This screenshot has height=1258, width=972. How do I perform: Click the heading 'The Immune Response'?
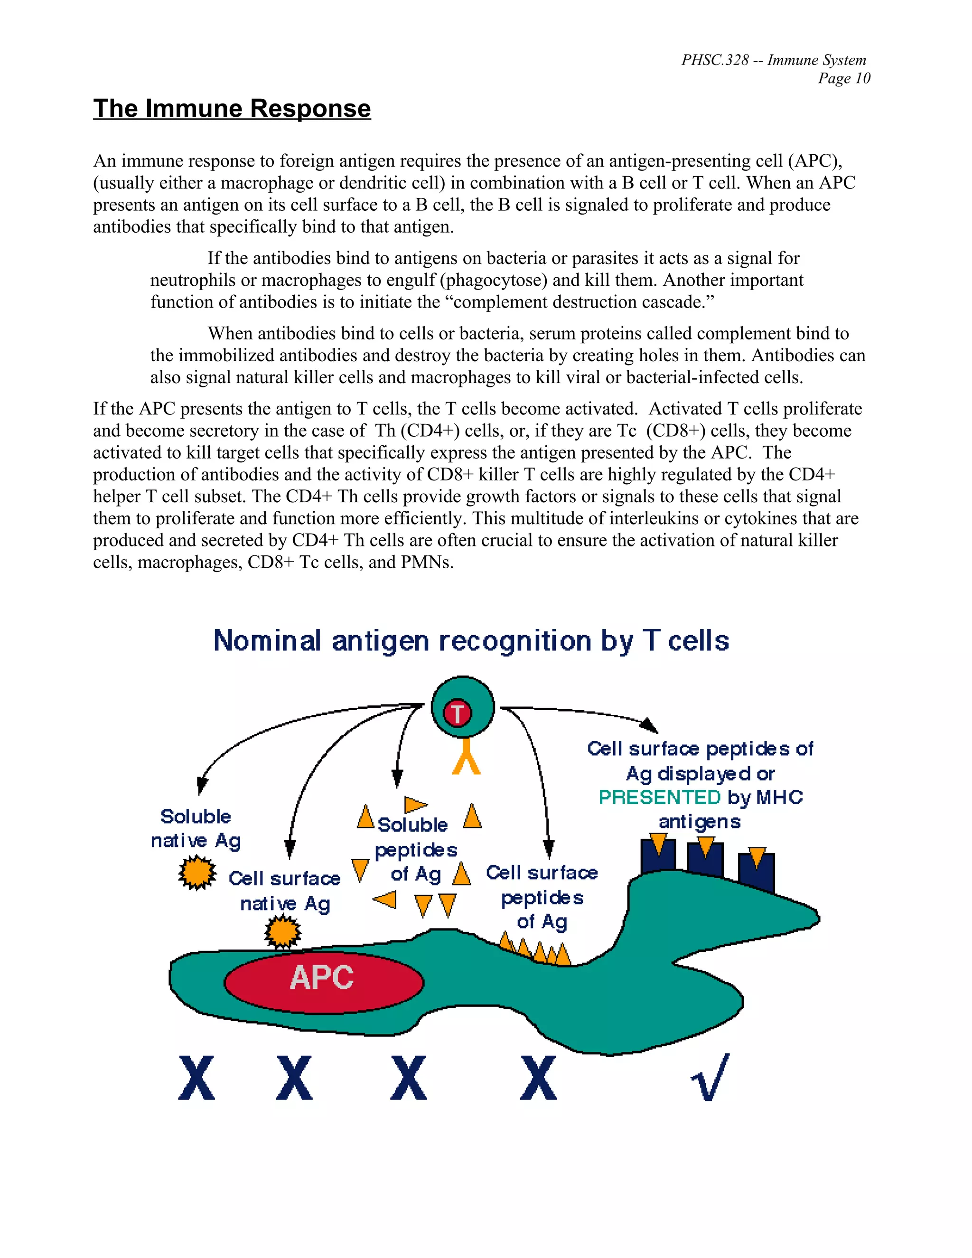[232, 109]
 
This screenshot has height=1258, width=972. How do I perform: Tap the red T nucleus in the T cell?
[457, 713]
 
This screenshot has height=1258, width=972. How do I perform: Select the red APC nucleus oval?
[324, 982]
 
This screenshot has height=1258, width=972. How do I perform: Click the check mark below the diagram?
[710, 1077]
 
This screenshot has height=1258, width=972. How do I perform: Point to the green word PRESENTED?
[659, 797]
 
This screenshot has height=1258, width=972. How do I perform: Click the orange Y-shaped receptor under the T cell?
[466, 757]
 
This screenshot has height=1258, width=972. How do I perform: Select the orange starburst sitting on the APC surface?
[282, 931]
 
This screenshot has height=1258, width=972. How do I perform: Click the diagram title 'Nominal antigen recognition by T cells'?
[471, 640]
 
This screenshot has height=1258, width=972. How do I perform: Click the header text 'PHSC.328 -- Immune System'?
[773, 60]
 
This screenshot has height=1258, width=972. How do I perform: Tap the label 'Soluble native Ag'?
[196, 828]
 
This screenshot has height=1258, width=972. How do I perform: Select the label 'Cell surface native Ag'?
[284, 891]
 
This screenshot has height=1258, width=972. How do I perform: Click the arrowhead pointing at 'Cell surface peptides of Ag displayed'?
[650, 726]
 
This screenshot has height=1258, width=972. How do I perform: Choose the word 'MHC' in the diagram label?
[779, 797]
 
